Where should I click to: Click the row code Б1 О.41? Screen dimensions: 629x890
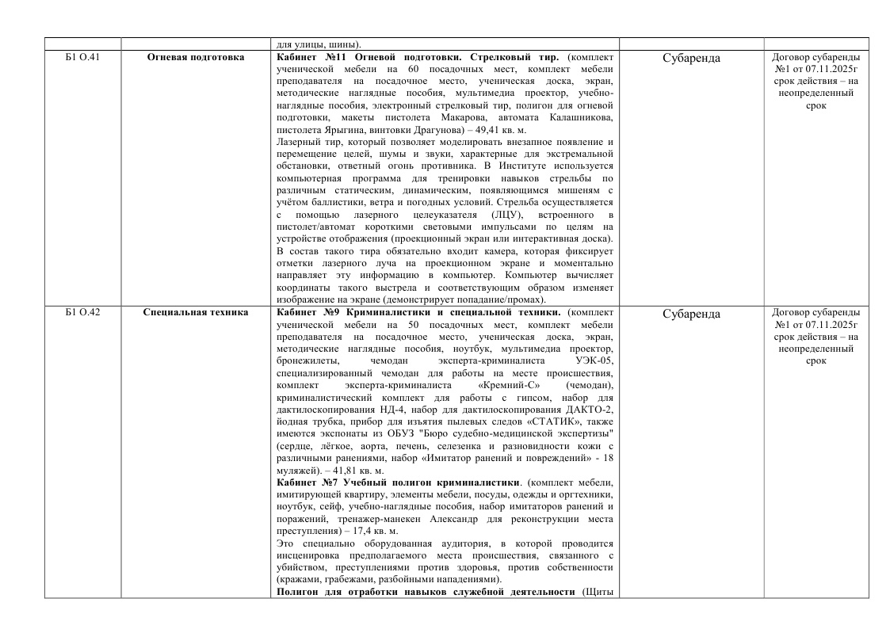(x=82, y=58)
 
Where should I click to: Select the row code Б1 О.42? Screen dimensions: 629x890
(x=82, y=313)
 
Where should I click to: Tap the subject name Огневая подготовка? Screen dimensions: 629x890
(x=196, y=58)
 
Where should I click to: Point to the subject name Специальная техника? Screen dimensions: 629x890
(x=196, y=313)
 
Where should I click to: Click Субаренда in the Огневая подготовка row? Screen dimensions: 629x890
(x=690, y=59)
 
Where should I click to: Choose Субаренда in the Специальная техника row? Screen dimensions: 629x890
(x=690, y=314)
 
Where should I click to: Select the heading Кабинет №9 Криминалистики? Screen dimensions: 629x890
(x=357, y=313)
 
